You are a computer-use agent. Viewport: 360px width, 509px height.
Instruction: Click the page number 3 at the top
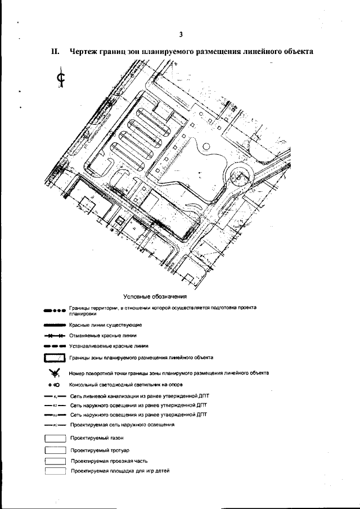coord(181,34)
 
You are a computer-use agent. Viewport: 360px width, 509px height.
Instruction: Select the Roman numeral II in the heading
coord(55,52)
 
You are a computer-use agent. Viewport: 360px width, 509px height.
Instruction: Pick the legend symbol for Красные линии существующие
coord(55,325)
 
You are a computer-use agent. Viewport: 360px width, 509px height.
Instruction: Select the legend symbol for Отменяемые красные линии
coord(55,336)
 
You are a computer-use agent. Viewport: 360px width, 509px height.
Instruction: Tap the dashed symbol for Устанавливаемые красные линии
coord(55,346)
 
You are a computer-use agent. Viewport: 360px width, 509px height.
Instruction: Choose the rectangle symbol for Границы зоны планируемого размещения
coord(55,358)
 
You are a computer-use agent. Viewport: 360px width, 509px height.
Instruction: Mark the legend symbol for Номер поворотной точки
coord(55,372)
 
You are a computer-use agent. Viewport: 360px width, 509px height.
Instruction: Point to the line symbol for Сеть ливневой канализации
coord(55,396)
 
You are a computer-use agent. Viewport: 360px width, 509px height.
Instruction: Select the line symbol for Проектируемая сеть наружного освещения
coord(55,425)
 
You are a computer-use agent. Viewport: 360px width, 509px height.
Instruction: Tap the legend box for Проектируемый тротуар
coord(55,450)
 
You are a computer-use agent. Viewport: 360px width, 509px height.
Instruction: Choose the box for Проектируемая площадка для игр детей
coord(55,471)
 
